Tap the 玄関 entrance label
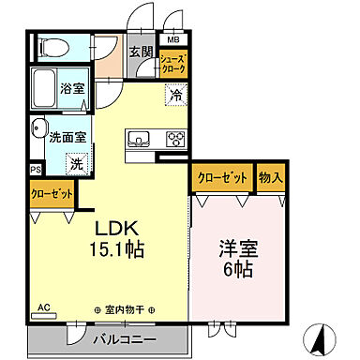tap(141, 52)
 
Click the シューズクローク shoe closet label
tap(173, 64)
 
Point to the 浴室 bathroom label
tap(73, 89)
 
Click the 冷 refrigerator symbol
tap(175, 94)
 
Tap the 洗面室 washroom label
tap(67, 135)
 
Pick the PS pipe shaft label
tap(36, 170)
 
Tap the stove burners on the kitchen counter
tap(175, 139)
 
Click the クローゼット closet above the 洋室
tap(223, 176)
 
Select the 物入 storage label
tap(271, 176)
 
